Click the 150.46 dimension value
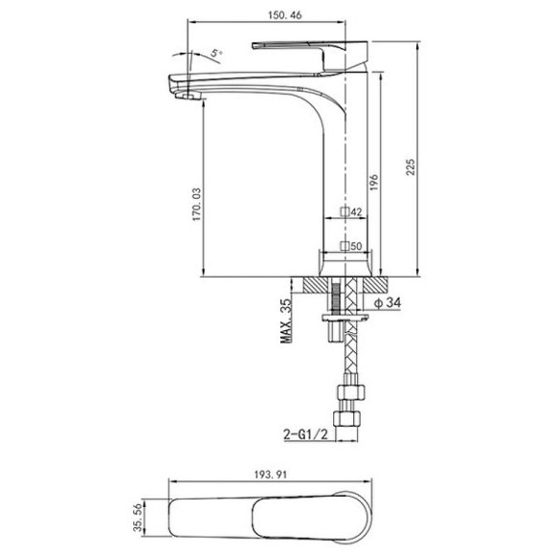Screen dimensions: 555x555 [x=285, y=15]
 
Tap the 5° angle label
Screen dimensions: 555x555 [x=216, y=53]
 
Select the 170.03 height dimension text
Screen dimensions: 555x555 [x=196, y=205]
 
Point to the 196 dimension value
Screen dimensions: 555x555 [x=374, y=182]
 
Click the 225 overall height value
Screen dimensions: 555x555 [x=411, y=166]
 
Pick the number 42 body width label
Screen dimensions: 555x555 [x=357, y=211]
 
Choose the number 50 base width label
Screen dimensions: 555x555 [x=357, y=246]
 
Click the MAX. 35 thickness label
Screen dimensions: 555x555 [x=286, y=321]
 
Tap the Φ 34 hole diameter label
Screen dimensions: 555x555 [x=388, y=302]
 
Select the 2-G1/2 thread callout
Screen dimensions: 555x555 [x=306, y=433]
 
